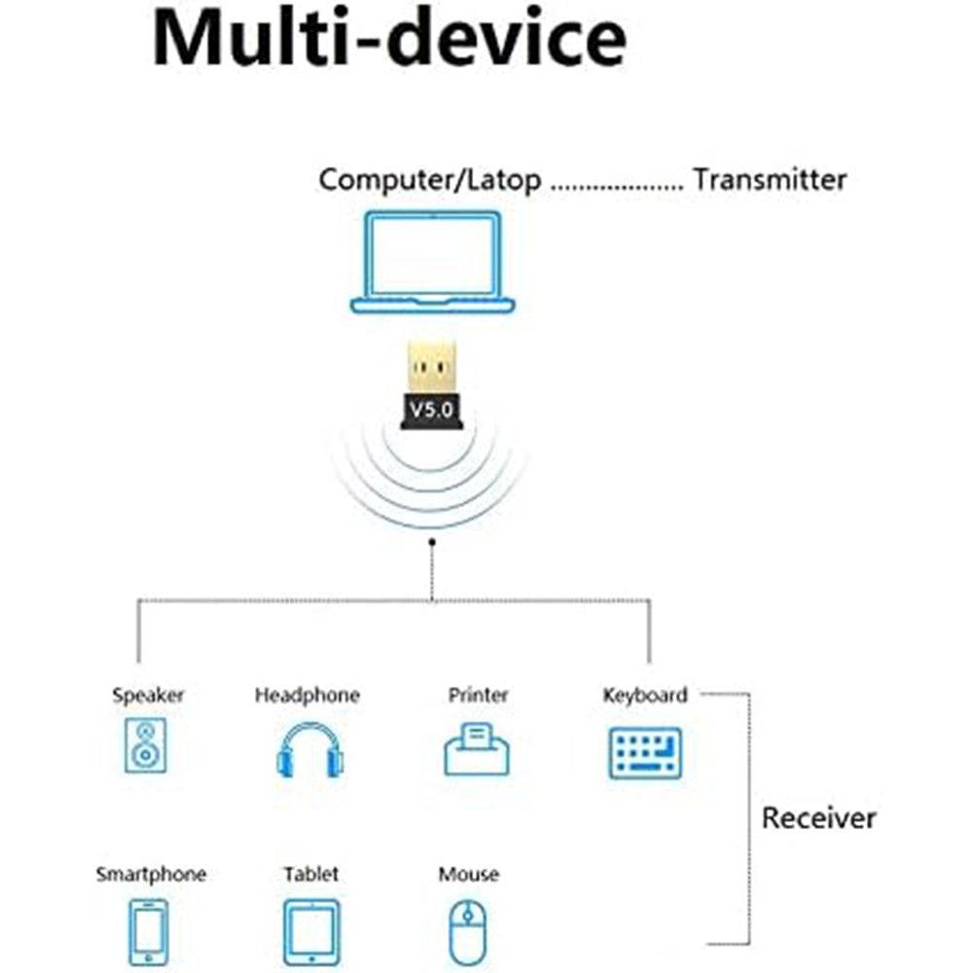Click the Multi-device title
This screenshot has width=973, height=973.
click(389, 39)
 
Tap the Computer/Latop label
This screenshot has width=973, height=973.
click(430, 180)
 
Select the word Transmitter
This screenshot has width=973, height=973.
click(770, 180)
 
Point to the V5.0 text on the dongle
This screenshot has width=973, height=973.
click(429, 411)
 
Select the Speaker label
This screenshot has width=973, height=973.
click(148, 696)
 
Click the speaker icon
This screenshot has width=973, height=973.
click(146, 747)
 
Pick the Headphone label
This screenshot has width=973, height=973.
click(306, 696)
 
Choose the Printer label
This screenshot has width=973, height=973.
click(478, 696)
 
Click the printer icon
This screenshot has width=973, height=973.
click(478, 749)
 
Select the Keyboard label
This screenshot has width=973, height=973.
click(644, 696)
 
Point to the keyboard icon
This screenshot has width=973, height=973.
click(644, 752)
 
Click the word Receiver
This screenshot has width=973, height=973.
click(818, 817)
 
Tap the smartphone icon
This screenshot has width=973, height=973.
click(148, 931)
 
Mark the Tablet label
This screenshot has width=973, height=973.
click(311, 874)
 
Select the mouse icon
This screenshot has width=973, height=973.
click(467, 931)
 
